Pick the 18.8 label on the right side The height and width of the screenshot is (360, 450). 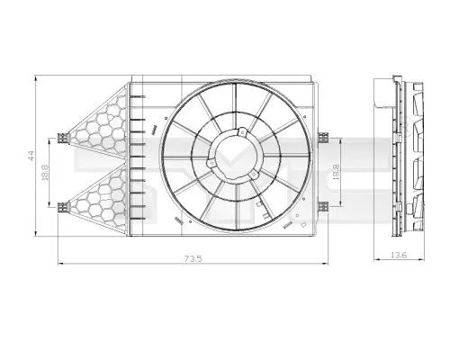[336, 171]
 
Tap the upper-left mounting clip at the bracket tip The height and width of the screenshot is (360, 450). [61, 138]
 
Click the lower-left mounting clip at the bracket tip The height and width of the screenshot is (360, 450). [61, 206]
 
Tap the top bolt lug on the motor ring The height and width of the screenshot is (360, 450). [241, 134]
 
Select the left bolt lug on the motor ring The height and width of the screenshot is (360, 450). [209, 164]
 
